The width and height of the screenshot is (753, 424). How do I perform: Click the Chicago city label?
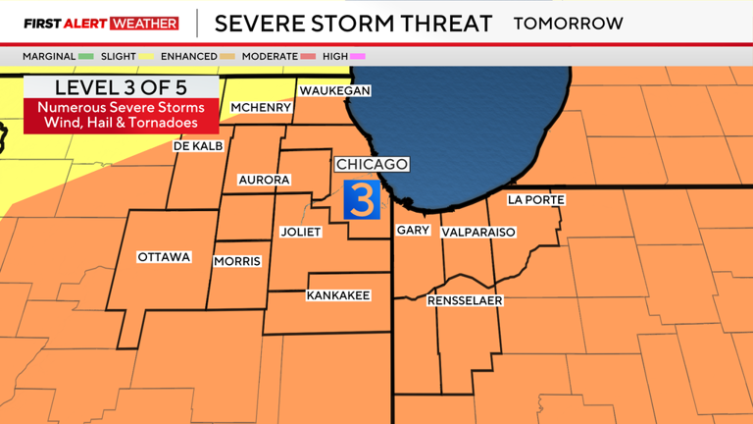tap(372, 164)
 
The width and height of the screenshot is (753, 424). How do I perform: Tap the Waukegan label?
tap(334, 90)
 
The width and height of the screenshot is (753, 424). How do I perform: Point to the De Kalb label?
tap(199, 145)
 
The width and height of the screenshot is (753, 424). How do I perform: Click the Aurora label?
tap(265, 180)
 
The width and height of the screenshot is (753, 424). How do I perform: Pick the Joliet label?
tap(301, 233)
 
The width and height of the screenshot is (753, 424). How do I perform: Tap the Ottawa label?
tap(164, 257)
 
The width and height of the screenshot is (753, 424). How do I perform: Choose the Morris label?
tap(237, 261)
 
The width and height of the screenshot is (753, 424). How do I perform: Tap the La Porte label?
tap(536, 200)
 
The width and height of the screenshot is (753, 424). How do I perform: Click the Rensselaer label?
tap(465, 300)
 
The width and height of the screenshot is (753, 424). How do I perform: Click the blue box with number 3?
tap(361, 200)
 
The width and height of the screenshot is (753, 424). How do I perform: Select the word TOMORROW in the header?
tap(568, 24)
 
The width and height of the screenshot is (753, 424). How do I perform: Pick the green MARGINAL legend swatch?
tap(85, 56)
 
